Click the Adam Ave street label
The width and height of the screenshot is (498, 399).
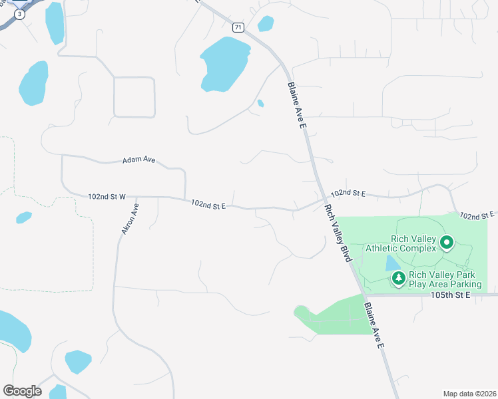(x=138, y=160)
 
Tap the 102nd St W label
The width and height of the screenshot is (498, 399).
(x=107, y=197)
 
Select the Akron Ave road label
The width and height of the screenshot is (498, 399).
(x=130, y=219)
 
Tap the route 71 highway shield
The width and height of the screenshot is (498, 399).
(x=238, y=27)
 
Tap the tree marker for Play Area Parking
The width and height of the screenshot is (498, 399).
(x=398, y=278)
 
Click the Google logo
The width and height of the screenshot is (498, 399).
(x=22, y=391)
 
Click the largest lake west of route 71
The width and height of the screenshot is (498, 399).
(x=224, y=64)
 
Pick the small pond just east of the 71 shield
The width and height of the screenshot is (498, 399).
(x=266, y=24)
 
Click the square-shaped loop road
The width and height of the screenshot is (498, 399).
(x=134, y=97)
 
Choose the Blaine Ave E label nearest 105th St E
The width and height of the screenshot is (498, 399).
(x=374, y=327)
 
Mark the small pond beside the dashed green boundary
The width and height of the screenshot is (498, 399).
(x=24, y=217)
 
